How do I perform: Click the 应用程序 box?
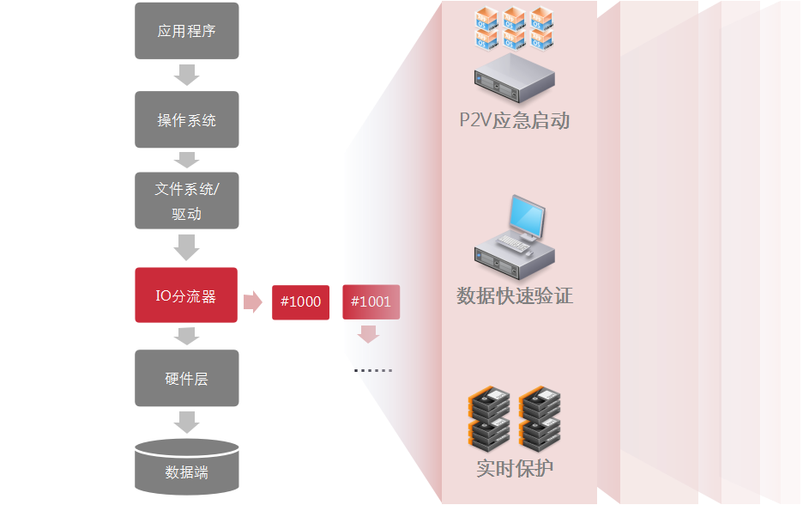[186, 32]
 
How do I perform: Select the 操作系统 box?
[186, 119]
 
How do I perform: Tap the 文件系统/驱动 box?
[186, 201]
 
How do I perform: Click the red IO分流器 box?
[185, 296]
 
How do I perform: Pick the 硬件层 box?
[186, 378]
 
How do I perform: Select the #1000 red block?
[300, 301]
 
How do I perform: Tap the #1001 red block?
[371, 301]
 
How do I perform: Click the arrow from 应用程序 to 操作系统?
[186, 76]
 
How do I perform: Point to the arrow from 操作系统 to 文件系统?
[186, 159]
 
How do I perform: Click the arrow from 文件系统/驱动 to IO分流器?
[186, 248]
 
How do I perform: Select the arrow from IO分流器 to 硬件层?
[186, 336]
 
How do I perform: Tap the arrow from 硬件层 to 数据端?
[186, 422]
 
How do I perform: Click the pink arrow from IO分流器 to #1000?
[253, 301]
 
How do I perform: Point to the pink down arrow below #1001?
[369, 334]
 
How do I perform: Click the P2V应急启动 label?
[514, 120]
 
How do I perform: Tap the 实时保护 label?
[514, 469]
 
